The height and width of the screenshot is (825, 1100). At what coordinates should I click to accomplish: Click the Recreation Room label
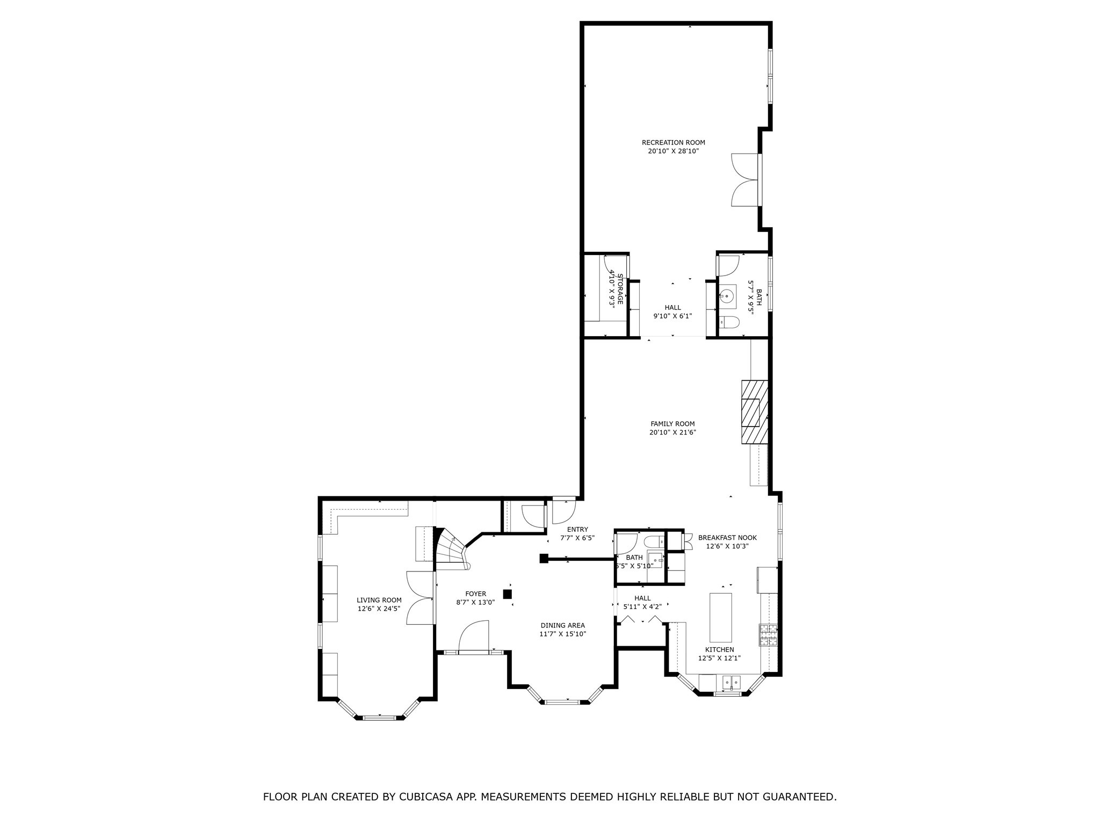[x=673, y=142]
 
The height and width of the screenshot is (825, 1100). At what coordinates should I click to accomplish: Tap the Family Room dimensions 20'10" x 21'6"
[x=672, y=432]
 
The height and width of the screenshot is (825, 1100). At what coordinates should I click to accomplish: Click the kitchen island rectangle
[x=720, y=617]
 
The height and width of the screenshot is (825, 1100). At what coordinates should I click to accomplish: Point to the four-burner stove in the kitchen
[x=768, y=635]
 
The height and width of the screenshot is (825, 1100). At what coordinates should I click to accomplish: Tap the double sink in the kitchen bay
[x=731, y=683]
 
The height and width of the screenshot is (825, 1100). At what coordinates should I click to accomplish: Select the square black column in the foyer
[x=507, y=594]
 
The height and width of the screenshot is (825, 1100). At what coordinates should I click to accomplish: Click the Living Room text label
[x=379, y=600]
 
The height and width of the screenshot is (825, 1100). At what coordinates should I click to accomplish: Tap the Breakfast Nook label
[x=727, y=537]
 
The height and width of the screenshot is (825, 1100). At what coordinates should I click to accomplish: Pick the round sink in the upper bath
[x=727, y=296]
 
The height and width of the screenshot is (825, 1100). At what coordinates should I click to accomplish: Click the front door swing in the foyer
[x=474, y=636]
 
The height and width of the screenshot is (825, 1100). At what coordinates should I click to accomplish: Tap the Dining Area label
[x=562, y=625]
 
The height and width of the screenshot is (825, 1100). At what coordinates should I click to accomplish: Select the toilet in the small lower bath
[x=654, y=541]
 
